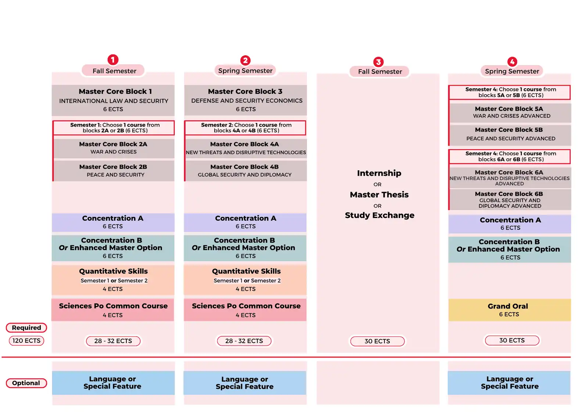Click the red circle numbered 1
coord(113,60)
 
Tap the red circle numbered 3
coord(378,62)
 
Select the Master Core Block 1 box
coord(113,100)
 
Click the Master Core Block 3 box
coord(245,100)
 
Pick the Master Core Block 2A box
coord(114,148)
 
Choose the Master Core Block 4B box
coord(246,171)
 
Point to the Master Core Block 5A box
coord(510,113)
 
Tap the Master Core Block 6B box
coord(510,200)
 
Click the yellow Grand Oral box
coord(509,310)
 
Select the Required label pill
coord(26,328)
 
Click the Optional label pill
coord(26,383)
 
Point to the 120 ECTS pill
coord(26,341)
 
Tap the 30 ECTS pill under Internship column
coord(377,341)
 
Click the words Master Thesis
coord(379,195)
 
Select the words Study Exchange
coord(380,216)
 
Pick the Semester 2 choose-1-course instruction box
coord(245,128)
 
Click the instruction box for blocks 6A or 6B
coord(510,157)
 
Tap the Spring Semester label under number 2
coord(245,71)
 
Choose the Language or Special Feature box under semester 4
coord(509,383)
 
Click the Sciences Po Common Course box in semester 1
coord(113,310)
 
